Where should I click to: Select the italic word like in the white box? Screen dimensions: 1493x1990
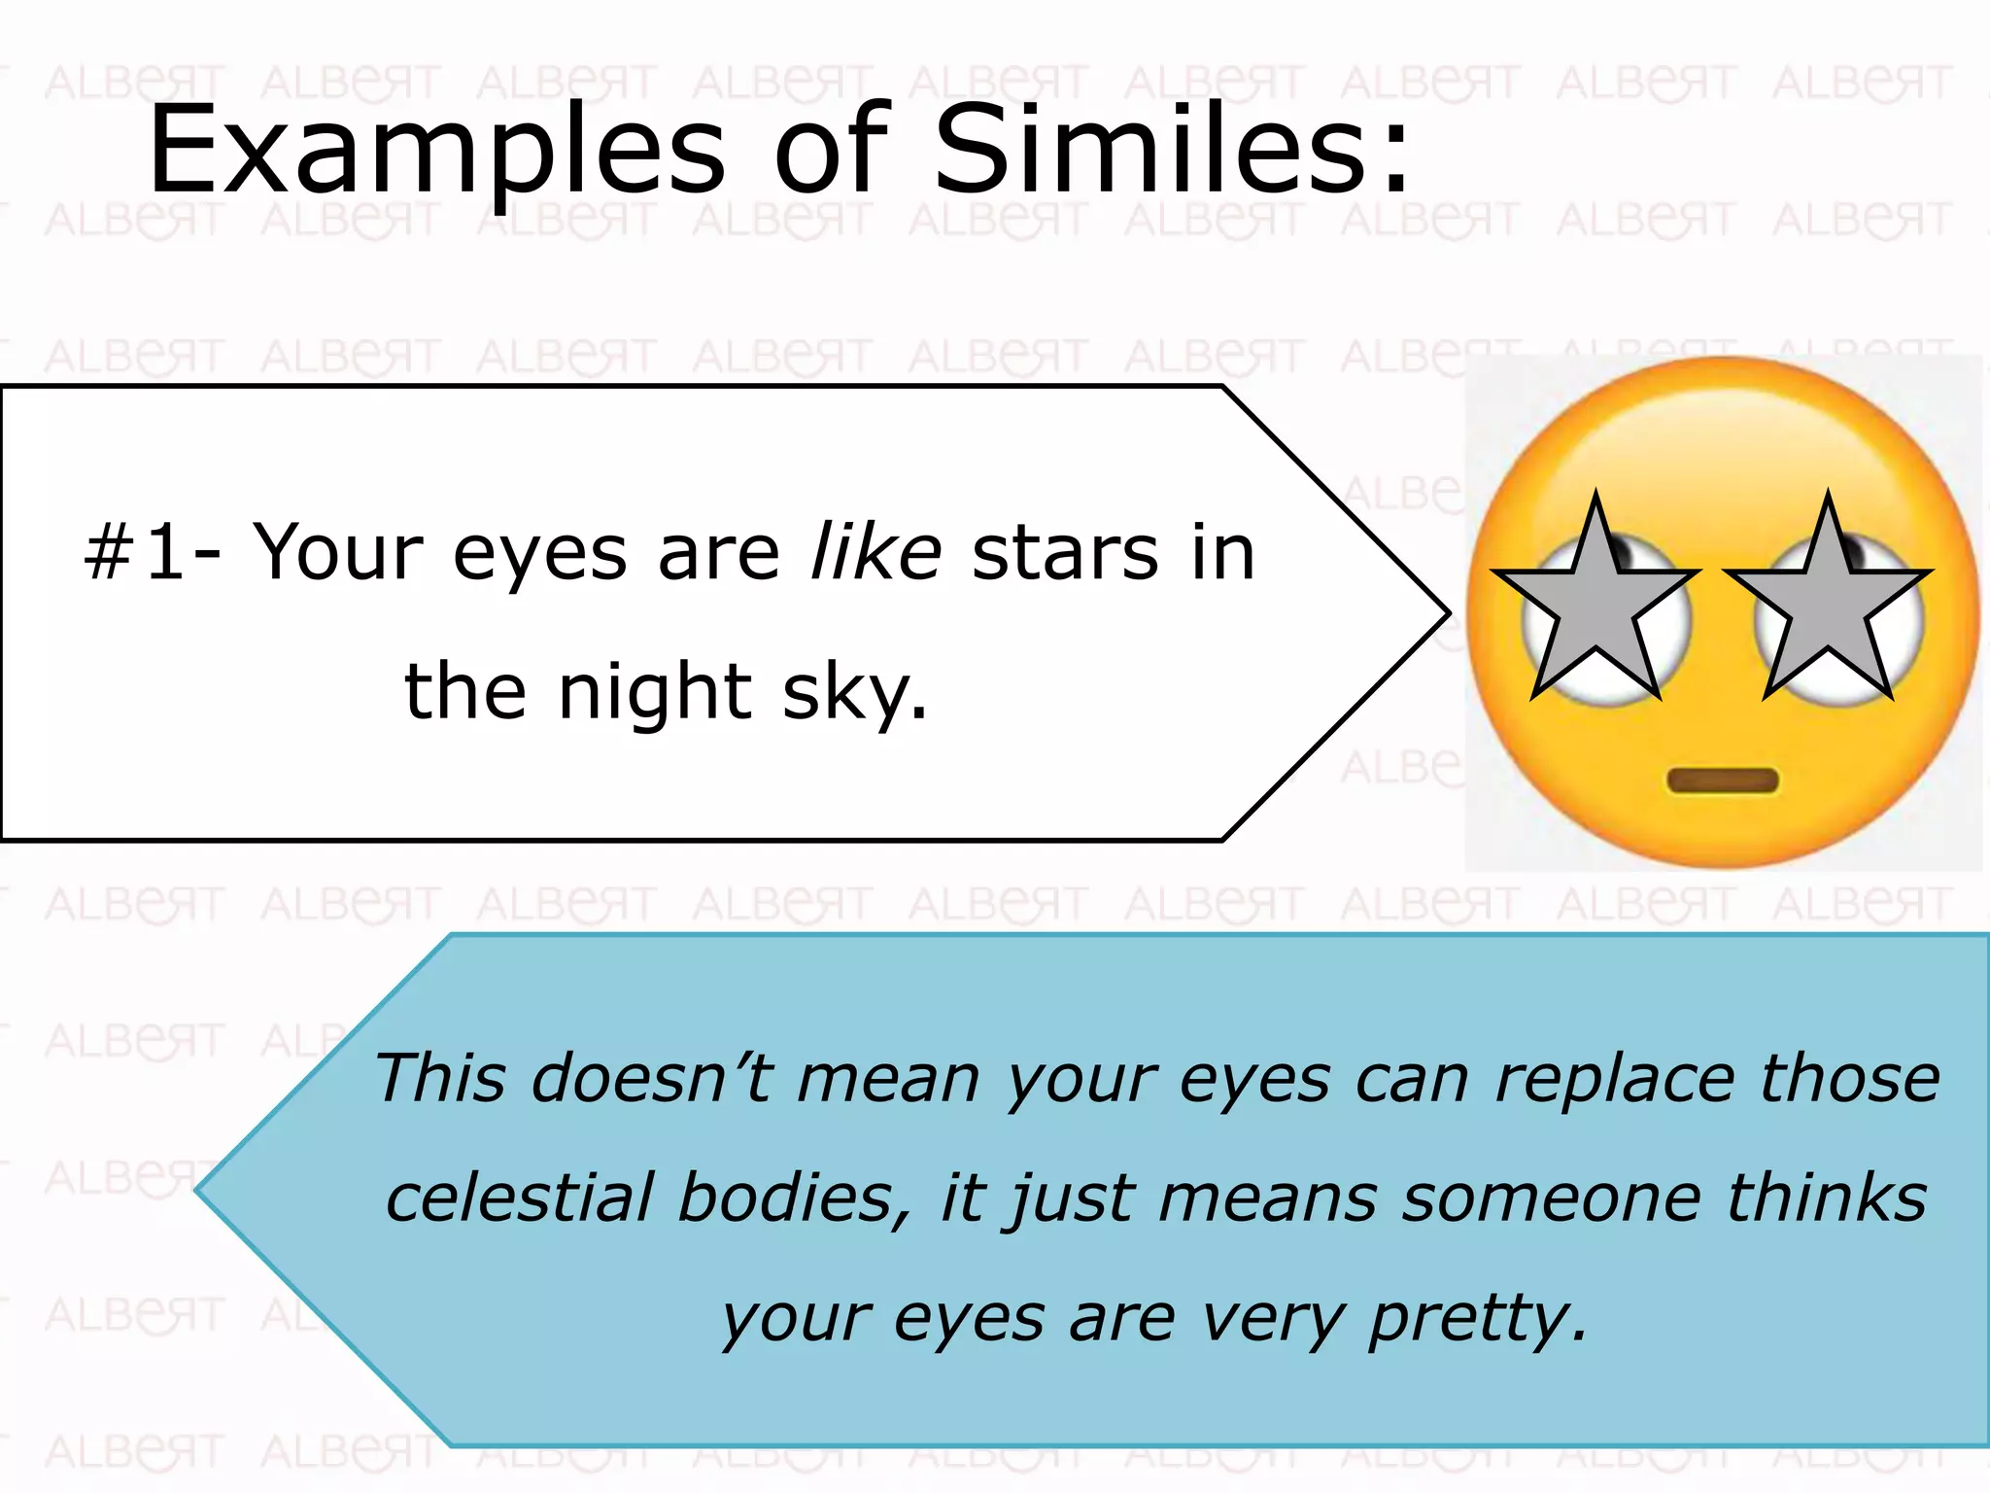point(875,552)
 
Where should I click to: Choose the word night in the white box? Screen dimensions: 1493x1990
point(655,692)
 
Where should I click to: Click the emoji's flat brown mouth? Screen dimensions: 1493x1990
point(1723,781)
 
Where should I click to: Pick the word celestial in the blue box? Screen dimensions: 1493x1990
point(519,1198)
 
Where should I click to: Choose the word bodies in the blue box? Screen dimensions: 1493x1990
point(786,1198)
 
